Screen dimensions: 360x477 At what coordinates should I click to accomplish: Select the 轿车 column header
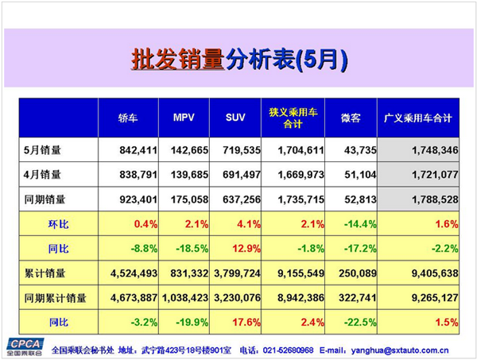(x=128, y=118)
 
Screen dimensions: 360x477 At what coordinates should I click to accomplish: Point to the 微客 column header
(x=350, y=118)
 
